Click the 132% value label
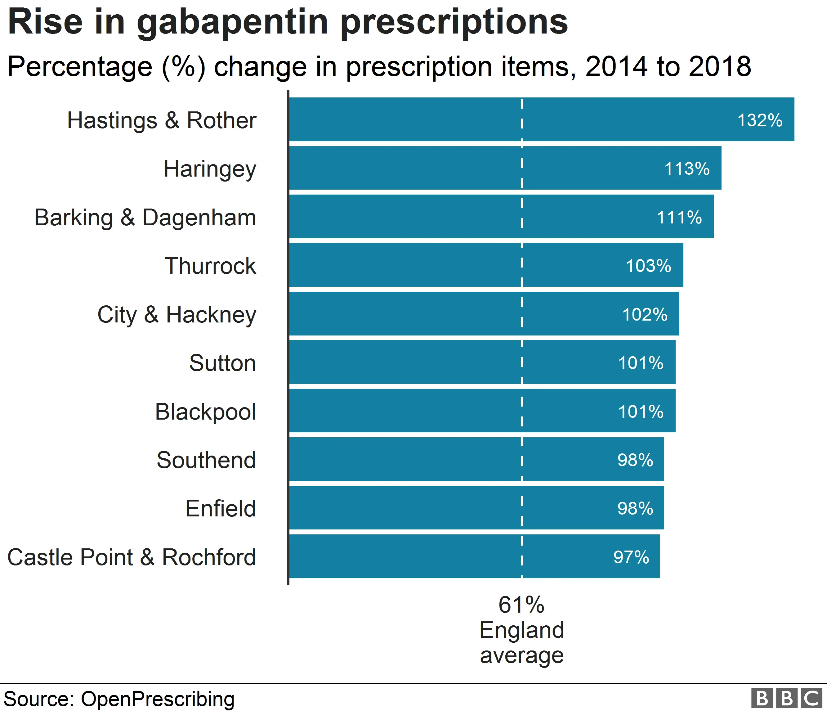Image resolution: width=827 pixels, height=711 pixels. tap(760, 120)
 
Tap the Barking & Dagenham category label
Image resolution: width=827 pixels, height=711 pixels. tap(145, 218)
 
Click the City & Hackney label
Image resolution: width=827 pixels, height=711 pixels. tap(177, 315)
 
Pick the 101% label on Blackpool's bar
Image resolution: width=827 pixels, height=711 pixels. tap(641, 412)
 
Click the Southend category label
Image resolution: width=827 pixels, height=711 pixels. tap(206, 460)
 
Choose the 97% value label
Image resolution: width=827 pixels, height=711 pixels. tap(631, 557)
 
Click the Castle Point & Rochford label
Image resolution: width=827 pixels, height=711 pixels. tap(131, 557)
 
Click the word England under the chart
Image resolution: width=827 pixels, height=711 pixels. tap(522, 630)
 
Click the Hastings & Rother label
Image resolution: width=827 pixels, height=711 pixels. tap(161, 120)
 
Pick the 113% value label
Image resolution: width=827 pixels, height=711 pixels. tap(686, 169)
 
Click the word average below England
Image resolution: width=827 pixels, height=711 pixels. tap(522, 655)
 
